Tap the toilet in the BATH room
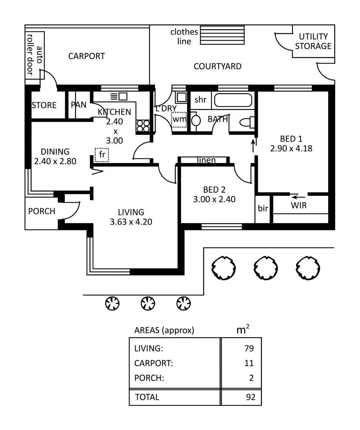[x=247, y=122]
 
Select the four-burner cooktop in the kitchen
[x=143, y=126]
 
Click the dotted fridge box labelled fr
[x=102, y=155]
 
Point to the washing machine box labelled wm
[x=179, y=120]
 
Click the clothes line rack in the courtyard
[x=222, y=35]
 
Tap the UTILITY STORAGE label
[x=313, y=41]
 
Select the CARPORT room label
[x=86, y=56]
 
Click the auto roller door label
[x=35, y=54]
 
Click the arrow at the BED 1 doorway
[x=253, y=145]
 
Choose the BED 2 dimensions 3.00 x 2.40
[x=214, y=199]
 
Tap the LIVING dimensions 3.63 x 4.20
[x=131, y=222]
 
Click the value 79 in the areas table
[x=249, y=348]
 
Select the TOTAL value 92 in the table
[x=251, y=397]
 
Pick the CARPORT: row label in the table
[x=153, y=363]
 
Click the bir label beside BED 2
[x=263, y=208]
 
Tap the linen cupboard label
[x=206, y=160]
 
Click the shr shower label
[x=200, y=100]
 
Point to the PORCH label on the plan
[x=42, y=211]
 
